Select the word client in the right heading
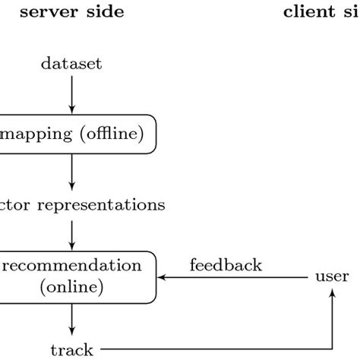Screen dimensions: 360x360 click(311, 12)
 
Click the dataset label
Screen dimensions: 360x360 click(71, 64)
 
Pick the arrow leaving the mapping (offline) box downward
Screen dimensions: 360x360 click(71, 171)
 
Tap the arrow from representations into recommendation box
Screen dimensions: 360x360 click(71, 233)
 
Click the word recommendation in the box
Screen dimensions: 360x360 click(72, 266)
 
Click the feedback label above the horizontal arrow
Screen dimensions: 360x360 click(226, 265)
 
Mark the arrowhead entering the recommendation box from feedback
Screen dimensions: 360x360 click(162, 276)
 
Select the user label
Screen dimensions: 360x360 click(332, 276)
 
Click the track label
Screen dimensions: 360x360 click(71, 349)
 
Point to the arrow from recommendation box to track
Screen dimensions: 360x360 click(71, 318)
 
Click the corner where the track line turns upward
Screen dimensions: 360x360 click(332, 349)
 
